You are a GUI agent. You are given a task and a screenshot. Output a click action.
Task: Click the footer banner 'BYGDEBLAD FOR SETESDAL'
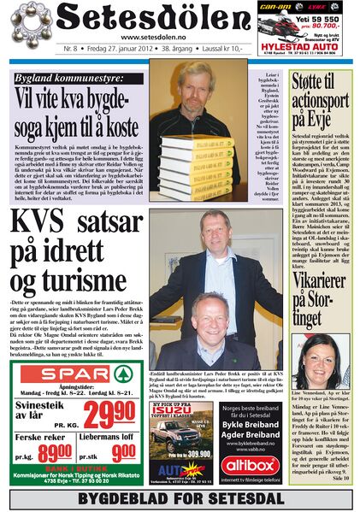180,498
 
